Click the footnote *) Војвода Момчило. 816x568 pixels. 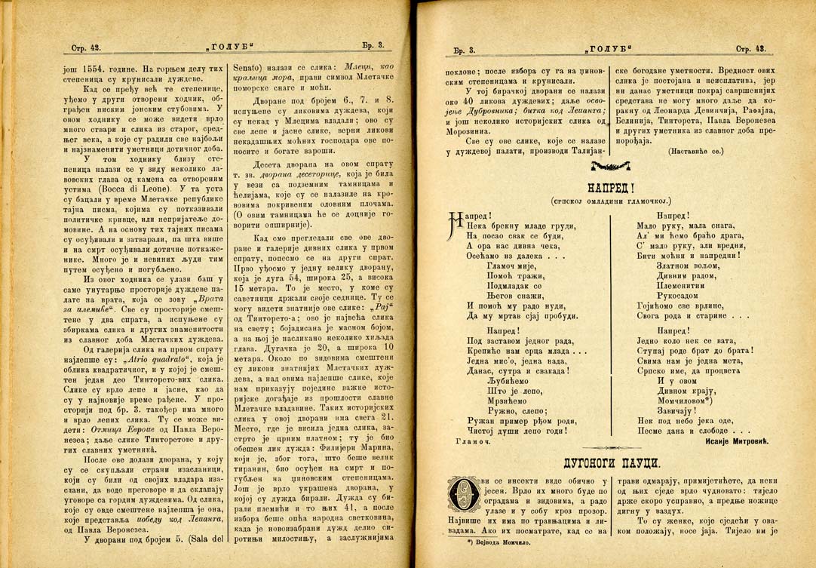(502, 543)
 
